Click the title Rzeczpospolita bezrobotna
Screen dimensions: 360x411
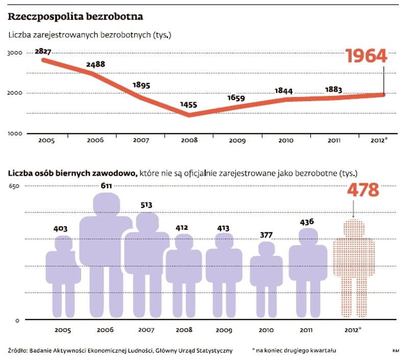[75, 16]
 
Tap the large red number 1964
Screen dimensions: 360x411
[366, 56]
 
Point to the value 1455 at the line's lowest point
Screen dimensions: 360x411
[188, 106]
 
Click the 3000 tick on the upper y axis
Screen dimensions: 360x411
[14, 53]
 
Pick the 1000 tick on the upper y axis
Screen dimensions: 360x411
[14, 133]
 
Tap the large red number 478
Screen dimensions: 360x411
[363, 190]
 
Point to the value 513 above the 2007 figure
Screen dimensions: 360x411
[146, 205]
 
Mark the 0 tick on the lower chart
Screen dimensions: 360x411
[17, 321]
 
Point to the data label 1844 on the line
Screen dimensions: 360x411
[283, 90]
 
